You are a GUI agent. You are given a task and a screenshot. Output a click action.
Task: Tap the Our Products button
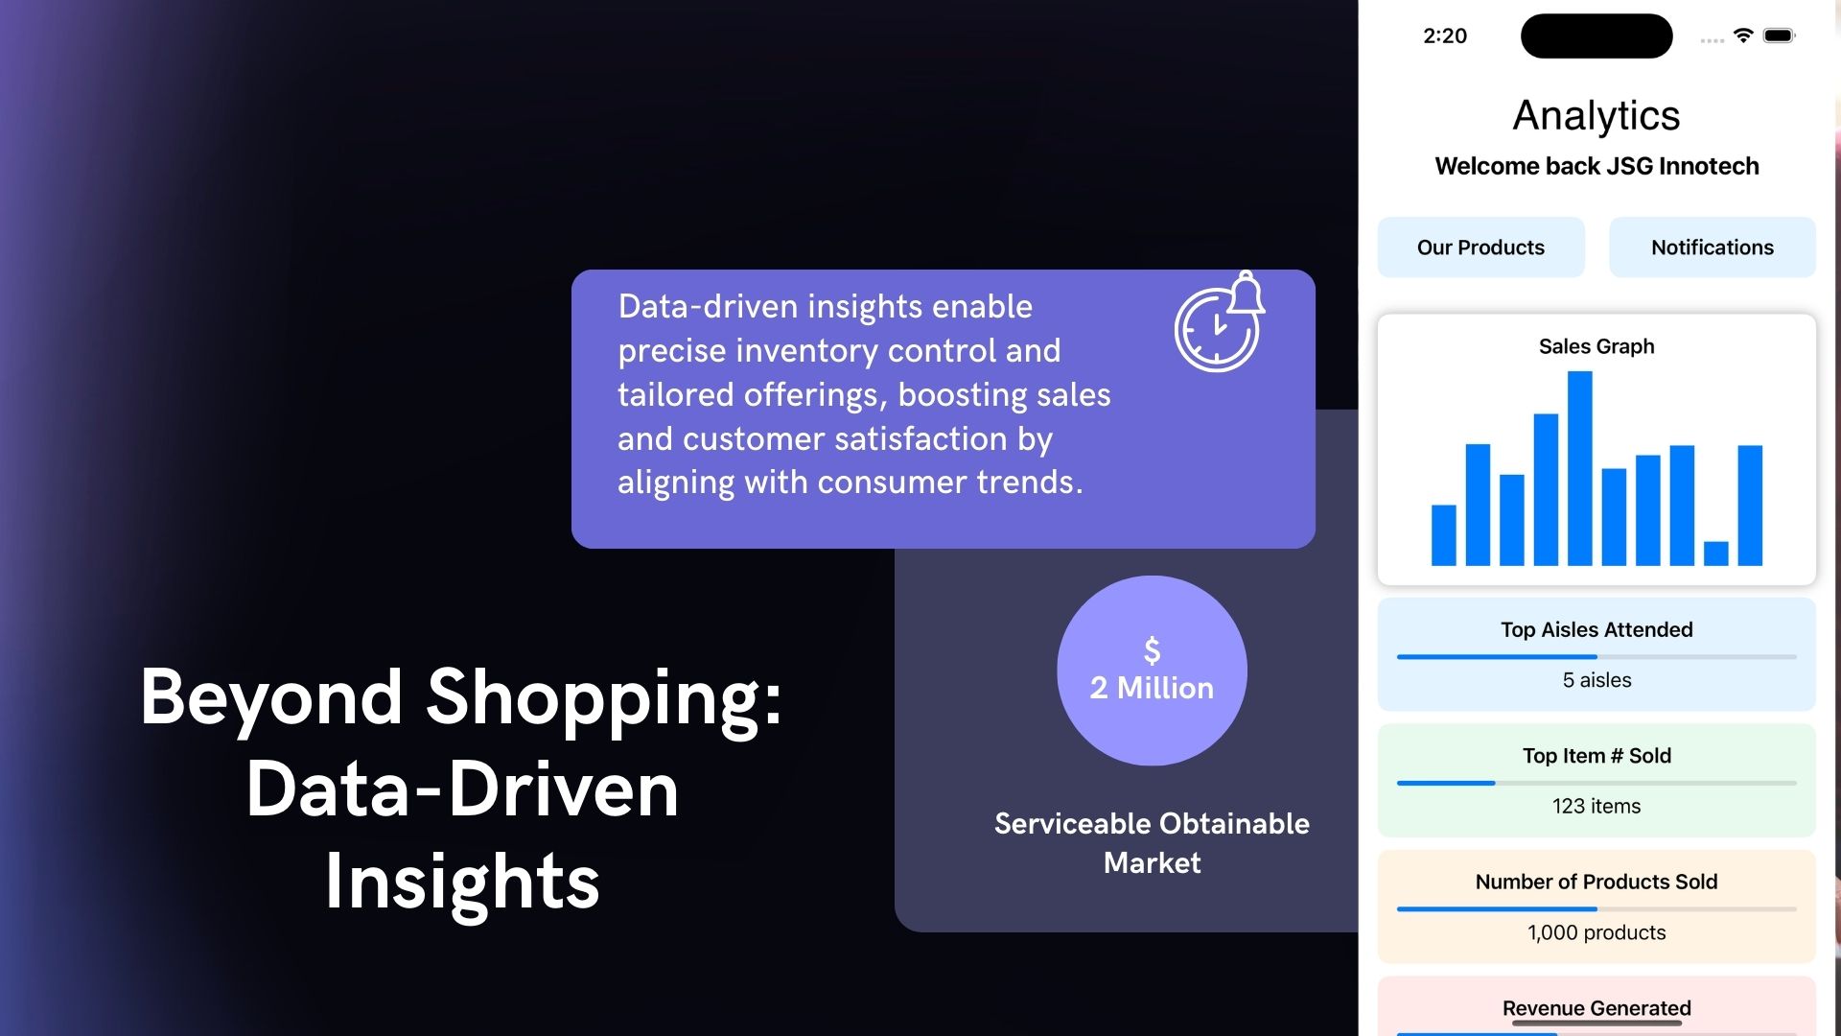pyautogui.click(x=1480, y=247)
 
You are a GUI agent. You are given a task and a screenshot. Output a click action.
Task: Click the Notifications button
pyautogui.click(x=1712, y=247)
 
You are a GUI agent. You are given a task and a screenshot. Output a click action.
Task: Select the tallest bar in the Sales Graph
pyautogui.click(x=1579, y=468)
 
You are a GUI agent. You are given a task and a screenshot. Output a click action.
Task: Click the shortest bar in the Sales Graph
pyautogui.click(x=1715, y=553)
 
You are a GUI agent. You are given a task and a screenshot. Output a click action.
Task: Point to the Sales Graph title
pyautogui.click(x=1596, y=346)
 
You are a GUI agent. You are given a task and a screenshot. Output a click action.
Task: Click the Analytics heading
pyautogui.click(x=1596, y=116)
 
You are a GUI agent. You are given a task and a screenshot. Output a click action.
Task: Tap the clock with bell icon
pyautogui.click(x=1220, y=322)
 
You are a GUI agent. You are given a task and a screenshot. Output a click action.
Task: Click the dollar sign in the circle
pyautogui.click(x=1153, y=650)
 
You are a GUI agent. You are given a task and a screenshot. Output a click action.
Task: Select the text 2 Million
pyautogui.click(x=1152, y=688)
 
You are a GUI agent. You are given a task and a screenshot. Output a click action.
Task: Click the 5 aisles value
pyautogui.click(x=1596, y=680)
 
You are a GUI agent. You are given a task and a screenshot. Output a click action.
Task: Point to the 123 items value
pyautogui.click(x=1596, y=807)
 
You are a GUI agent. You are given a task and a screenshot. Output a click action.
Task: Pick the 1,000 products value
pyautogui.click(x=1596, y=932)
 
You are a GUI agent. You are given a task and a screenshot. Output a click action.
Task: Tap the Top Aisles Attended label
pyautogui.click(x=1596, y=630)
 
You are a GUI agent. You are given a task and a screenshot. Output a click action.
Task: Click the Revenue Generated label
pyautogui.click(x=1596, y=1008)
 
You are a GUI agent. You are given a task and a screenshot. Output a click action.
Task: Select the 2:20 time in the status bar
pyautogui.click(x=1445, y=36)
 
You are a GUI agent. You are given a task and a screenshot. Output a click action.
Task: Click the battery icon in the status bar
pyautogui.click(x=1779, y=35)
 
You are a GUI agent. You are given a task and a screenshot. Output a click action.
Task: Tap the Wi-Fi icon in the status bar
pyautogui.click(x=1743, y=35)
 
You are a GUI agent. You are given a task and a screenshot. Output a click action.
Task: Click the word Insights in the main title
pyautogui.click(x=462, y=882)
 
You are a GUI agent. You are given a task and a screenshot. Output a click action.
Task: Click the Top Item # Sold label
pyautogui.click(x=1596, y=756)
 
